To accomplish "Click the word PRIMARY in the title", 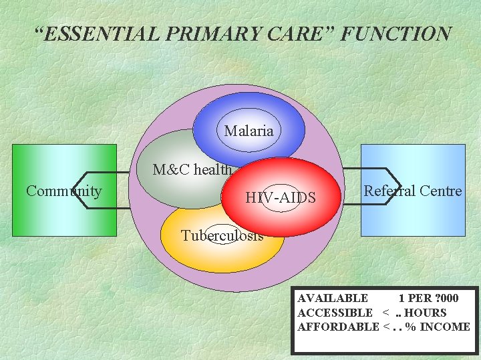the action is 196,33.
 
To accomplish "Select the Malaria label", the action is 249,131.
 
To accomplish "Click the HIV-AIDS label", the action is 280,197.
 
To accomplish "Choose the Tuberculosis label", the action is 222,235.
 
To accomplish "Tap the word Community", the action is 63,191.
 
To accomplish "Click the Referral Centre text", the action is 412,191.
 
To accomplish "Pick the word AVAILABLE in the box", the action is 332,298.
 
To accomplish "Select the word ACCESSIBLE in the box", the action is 335,312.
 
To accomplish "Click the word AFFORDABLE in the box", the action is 338,327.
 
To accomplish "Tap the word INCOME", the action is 445,327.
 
